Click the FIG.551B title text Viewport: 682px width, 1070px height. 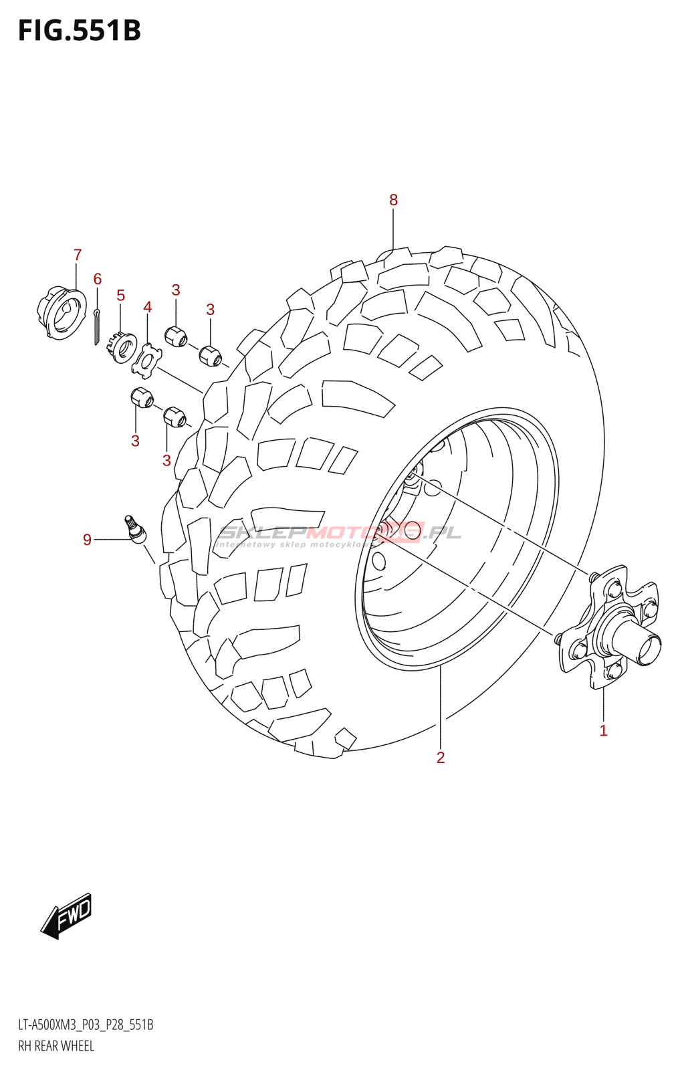[x=79, y=31]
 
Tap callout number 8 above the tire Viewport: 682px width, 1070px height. [x=393, y=200]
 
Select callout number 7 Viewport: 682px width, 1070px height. [x=78, y=255]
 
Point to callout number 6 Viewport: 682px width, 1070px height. [x=98, y=279]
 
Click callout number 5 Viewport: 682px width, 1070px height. [x=121, y=296]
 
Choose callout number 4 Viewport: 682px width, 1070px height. [x=148, y=307]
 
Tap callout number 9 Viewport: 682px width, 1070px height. [x=87, y=540]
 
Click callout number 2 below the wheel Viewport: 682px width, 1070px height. [x=440, y=758]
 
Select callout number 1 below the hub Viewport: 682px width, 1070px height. [x=603, y=731]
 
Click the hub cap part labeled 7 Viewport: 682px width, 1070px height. [x=62, y=312]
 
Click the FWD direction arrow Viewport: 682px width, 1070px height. [x=67, y=915]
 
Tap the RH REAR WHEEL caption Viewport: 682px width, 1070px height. [x=56, y=1046]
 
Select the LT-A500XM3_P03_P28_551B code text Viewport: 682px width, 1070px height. [x=86, y=1025]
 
